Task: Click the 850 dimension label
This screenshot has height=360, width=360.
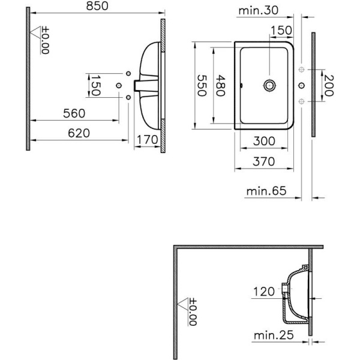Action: (97, 6)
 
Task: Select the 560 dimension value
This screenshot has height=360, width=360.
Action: (74, 113)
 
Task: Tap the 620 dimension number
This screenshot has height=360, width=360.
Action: (79, 133)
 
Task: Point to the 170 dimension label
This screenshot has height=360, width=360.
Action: (148, 140)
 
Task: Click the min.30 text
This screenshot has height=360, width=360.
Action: (259, 11)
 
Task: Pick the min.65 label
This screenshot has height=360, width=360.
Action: (266, 191)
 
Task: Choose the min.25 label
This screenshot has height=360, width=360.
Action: (274, 335)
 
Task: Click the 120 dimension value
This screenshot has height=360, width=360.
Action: (264, 292)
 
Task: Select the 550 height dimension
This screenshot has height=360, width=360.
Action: (202, 85)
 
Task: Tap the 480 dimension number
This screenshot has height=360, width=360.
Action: (221, 85)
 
